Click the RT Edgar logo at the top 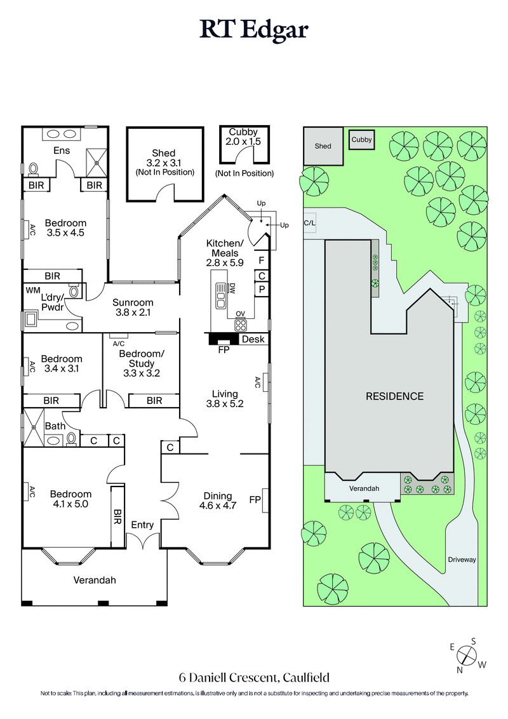pos(254,29)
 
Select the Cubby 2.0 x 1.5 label pos(244,137)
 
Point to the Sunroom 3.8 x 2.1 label pos(133,307)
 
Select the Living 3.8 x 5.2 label pos(225,398)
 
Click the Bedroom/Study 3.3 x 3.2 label pos(142,363)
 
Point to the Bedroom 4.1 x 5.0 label pos(70,499)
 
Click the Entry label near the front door pos(142,525)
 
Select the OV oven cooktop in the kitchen pos(241,325)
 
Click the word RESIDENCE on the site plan pos(394,396)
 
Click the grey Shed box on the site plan pos(323,146)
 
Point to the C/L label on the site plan pos(310,223)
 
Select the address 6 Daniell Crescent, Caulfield pos(254,678)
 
